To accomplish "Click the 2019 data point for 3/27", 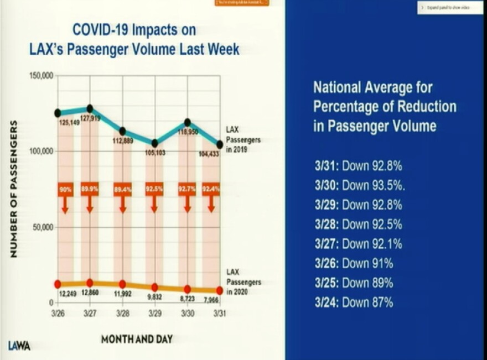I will [90, 108].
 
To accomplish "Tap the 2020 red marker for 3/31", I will [220, 290].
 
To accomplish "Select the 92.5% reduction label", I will [154, 189].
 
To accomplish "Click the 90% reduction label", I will [65, 189].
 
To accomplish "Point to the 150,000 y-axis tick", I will [40, 75].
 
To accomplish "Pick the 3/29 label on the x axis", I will [154, 313].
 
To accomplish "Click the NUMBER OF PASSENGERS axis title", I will [14, 189].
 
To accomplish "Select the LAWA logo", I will [19, 346].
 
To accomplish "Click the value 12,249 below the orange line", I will [68, 293].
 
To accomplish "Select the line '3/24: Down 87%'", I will [354, 302].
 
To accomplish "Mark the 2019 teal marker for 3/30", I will [188, 122].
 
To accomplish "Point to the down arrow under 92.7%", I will [188, 205].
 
